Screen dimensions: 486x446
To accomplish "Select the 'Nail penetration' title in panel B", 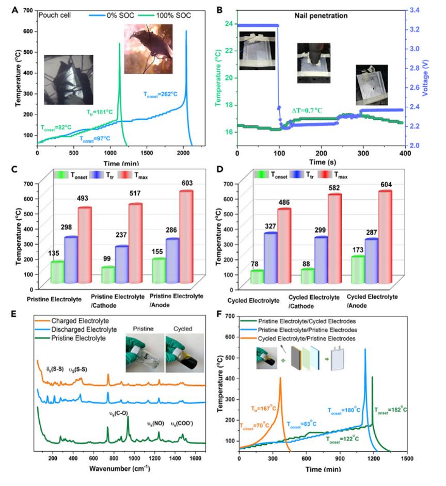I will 324,15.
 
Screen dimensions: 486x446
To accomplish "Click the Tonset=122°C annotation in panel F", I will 342,440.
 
